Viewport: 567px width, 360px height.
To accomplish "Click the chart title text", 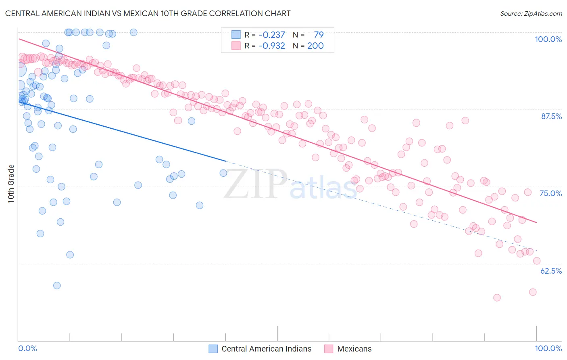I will pos(148,13).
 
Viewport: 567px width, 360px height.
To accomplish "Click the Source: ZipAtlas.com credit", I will pos(531,13).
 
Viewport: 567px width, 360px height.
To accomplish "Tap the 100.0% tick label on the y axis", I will pos(548,39).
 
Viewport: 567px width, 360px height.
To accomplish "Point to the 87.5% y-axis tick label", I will pos(551,116).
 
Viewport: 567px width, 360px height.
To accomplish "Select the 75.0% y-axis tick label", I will pos(550,193).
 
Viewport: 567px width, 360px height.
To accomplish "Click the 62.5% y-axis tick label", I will pos(551,271).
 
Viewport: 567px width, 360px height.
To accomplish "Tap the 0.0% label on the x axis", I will pos(27,348).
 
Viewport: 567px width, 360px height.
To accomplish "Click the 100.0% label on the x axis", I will pos(548,348).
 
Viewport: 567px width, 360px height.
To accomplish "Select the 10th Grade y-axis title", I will pos(11,184).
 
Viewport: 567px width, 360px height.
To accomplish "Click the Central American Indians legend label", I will pos(266,349).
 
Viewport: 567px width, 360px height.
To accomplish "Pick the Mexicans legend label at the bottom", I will pos(354,349).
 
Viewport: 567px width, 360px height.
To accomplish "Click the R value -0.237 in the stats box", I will pos(272,35).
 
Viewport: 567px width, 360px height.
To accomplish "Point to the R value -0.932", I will pos(272,46).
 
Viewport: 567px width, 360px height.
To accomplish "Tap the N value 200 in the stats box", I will pos(315,46).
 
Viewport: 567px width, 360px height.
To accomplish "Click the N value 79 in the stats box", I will pos(319,35).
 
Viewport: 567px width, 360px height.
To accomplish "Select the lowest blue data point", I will pos(57,285).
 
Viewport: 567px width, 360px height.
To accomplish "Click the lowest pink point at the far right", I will pos(533,292).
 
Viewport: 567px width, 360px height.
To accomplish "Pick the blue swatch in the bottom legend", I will pos(213,349).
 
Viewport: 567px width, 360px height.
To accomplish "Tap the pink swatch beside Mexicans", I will pos(329,349).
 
